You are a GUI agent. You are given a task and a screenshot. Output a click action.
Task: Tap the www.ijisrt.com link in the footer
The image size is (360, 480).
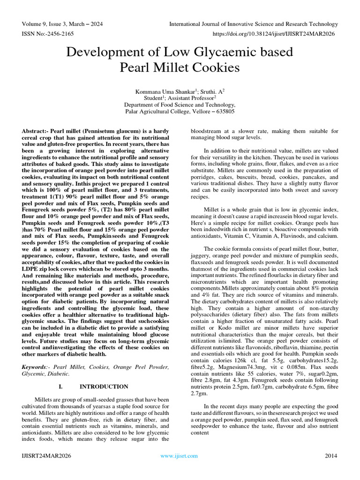pyautogui.click(x=179, y=456)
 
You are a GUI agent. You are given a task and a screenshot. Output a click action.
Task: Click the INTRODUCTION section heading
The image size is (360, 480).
pyautogui.click(x=104, y=387)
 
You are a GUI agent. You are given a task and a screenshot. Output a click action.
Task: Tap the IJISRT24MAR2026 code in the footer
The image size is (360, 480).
pyautogui.click(x=46, y=456)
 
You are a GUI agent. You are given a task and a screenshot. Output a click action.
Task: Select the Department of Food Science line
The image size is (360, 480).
pyautogui.click(x=180, y=105)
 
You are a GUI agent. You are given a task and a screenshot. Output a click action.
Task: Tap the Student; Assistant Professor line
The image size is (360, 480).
pyautogui.click(x=180, y=98)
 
